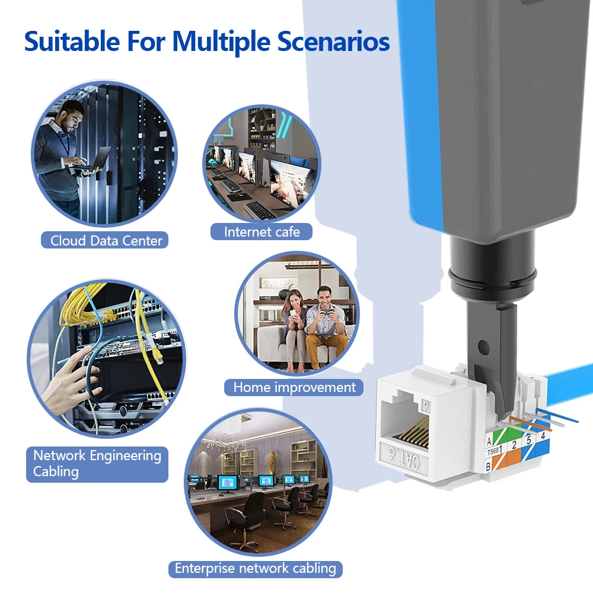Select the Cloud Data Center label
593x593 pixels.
(x=106, y=240)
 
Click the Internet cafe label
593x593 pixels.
(x=262, y=231)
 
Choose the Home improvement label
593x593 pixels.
(x=294, y=387)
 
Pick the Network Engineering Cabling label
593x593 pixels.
(x=97, y=464)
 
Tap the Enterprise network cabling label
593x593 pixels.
(x=255, y=569)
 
